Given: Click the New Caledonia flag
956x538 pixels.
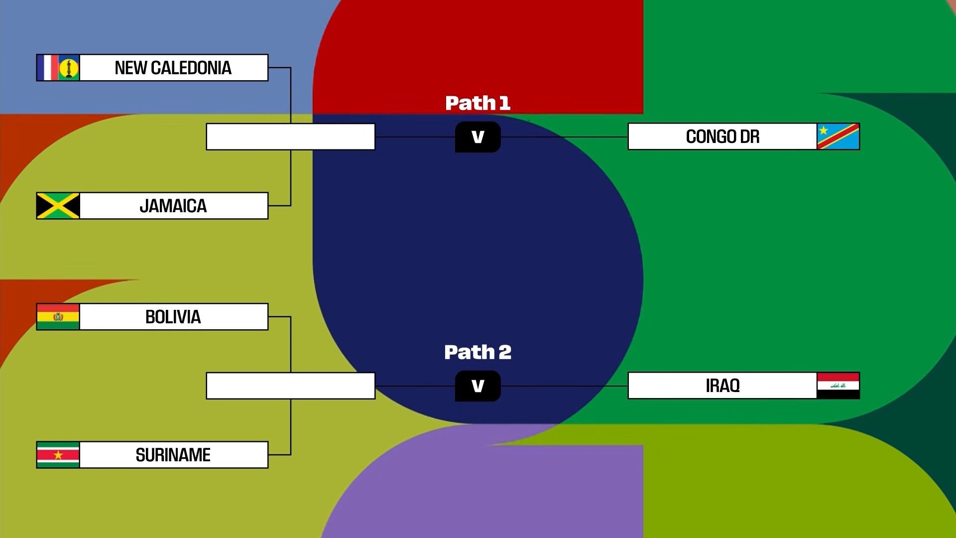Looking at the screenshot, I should (58, 68).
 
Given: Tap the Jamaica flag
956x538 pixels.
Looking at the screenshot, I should (58, 206).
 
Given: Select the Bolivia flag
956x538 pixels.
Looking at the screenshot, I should (58, 317).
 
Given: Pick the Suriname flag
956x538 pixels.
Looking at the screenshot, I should (58, 455).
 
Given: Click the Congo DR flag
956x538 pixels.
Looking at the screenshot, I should (838, 136).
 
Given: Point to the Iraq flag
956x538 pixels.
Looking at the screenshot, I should (838, 386).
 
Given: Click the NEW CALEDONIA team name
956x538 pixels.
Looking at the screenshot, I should (173, 68).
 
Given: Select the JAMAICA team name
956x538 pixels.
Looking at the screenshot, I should (173, 206).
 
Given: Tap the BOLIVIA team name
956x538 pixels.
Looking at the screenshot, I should (173, 317).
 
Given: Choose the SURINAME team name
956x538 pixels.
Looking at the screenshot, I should (173, 455).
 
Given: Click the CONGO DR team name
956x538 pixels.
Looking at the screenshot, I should (722, 136).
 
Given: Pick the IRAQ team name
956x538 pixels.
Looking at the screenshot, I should (722, 386).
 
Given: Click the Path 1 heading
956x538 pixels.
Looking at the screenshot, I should (478, 103).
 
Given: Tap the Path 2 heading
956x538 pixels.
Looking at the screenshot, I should (478, 352).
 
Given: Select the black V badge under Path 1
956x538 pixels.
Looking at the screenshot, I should (478, 137).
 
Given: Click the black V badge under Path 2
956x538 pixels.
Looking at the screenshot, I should (478, 386).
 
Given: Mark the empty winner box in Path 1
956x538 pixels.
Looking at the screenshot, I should (290, 136).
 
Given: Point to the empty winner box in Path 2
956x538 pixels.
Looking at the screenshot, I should (290, 386).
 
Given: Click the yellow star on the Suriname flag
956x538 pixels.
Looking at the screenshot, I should (58, 455).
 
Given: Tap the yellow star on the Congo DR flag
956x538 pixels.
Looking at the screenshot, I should (824, 131).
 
